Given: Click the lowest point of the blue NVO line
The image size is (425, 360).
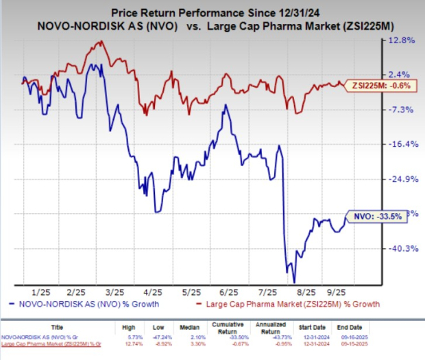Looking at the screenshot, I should pos(294,282).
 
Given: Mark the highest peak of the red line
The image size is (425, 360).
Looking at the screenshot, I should pos(100,42).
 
